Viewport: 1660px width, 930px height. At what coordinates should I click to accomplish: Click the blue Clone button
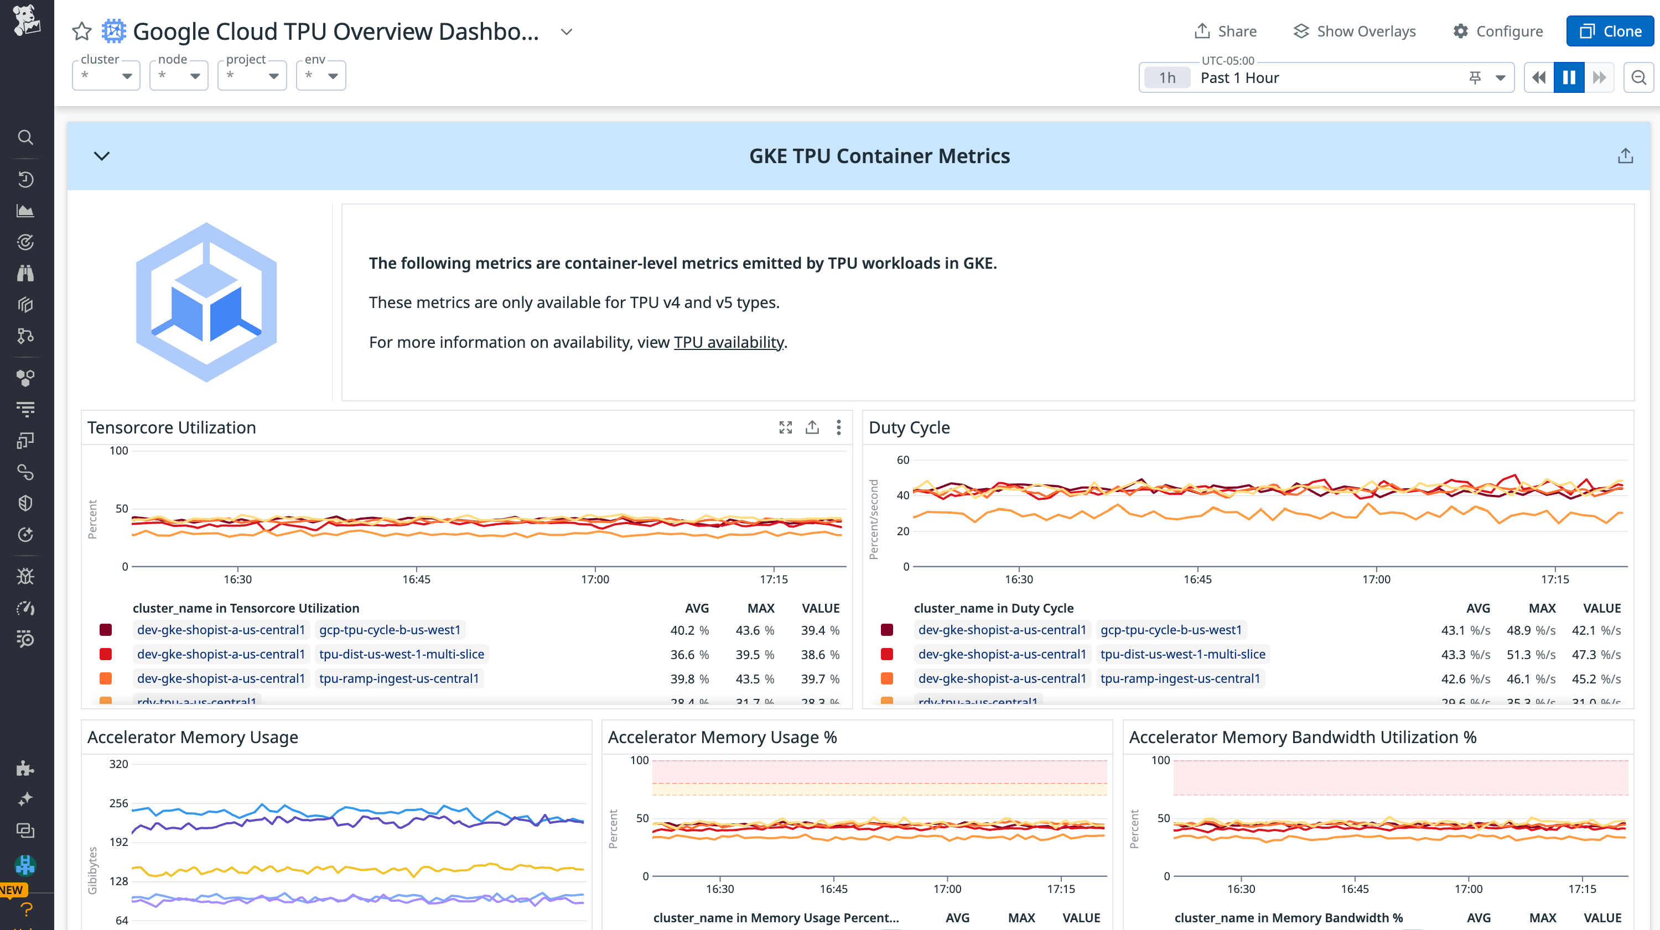point(1609,31)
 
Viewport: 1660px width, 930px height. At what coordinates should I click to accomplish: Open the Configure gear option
point(1498,31)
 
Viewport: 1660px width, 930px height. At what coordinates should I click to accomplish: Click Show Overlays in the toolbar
point(1355,31)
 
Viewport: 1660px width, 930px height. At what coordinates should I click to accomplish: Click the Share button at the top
point(1225,31)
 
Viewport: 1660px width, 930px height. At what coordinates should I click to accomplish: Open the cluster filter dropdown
point(106,76)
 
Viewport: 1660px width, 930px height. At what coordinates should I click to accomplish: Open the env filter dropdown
point(321,76)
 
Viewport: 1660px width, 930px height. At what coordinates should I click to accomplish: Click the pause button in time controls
point(1569,78)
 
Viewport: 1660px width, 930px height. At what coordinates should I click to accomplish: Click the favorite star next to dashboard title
point(82,31)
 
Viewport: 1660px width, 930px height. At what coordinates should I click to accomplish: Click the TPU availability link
point(728,342)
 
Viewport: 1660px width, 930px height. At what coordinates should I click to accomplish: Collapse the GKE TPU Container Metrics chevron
point(102,156)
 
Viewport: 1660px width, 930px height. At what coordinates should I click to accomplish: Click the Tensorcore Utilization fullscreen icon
point(785,427)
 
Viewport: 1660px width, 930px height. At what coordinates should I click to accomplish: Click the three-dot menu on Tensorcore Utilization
point(838,427)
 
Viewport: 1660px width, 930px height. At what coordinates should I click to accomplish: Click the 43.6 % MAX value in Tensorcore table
point(754,630)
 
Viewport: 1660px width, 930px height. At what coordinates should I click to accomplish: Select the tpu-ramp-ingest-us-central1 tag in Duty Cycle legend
point(1179,678)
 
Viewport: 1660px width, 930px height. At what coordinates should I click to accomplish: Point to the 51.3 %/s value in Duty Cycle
point(1531,654)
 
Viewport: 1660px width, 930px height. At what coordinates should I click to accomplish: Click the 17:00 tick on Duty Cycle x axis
point(1376,579)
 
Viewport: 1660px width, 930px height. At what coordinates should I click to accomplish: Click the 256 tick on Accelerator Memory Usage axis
point(118,803)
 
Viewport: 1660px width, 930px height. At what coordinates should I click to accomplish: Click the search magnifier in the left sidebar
point(25,137)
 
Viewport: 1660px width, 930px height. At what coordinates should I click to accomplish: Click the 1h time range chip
point(1167,78)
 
